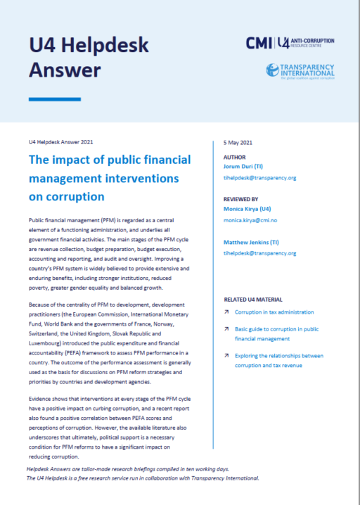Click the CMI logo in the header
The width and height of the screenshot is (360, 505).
pos(259,44)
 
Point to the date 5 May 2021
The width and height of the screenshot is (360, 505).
pos(236,143)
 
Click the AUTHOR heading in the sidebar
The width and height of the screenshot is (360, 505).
pos(234,158)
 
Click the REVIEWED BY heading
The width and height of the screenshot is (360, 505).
pos(240,199)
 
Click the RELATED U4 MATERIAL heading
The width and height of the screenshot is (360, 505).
pos(254,299)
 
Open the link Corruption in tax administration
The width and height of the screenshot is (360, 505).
pos(274,312)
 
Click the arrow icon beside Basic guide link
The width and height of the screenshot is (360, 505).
pos(226,328)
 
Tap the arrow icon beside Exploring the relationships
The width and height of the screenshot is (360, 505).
pos(226,356)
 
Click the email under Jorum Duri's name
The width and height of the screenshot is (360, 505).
pos(259,178)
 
